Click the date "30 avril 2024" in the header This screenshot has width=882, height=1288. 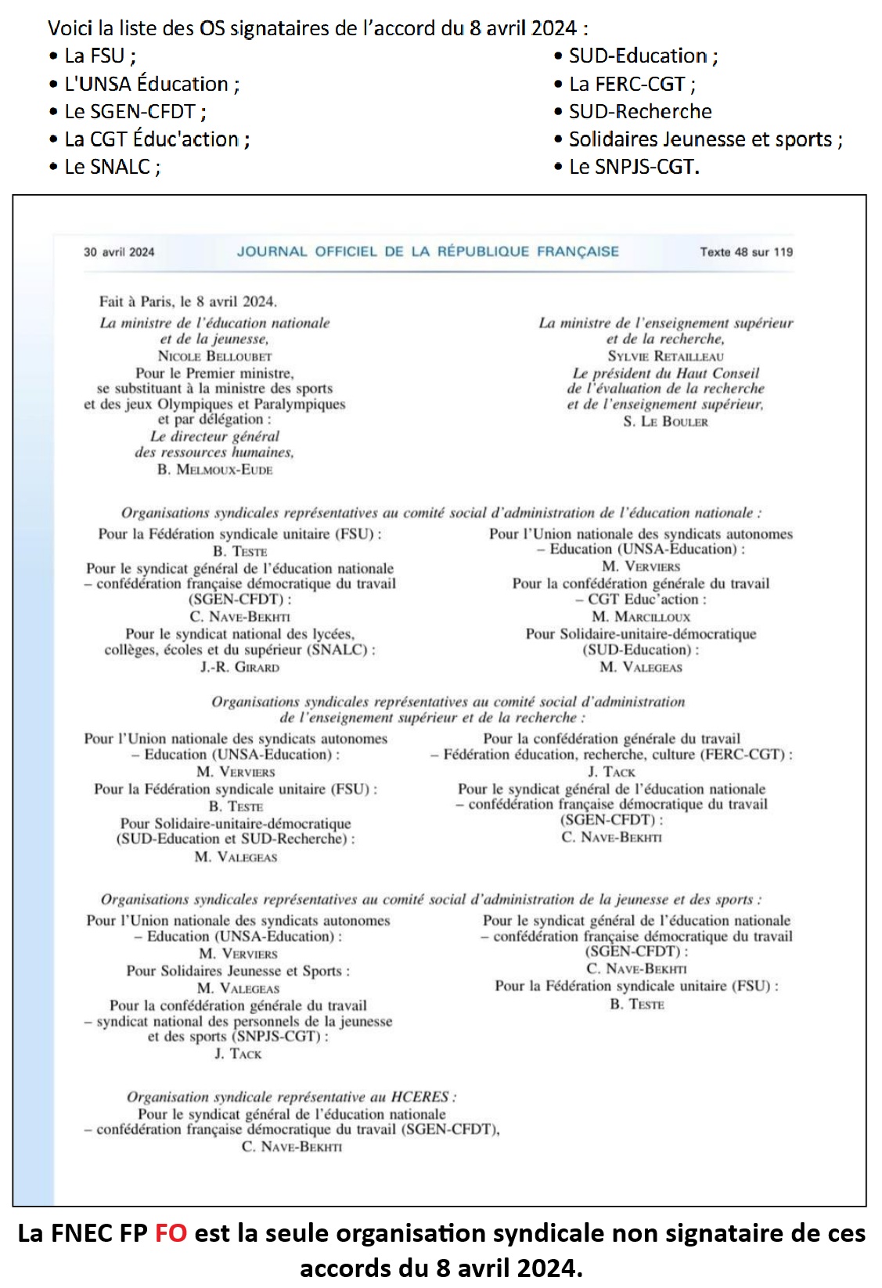(x=119, y=252)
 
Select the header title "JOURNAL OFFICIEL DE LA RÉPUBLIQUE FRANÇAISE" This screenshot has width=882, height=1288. (x=428, y=251)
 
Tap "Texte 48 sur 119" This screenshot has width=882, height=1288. (x=746, y=252)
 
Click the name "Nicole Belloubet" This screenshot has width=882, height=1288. (x=214, y=356)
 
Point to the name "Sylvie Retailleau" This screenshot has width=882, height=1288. (x=665, y=356)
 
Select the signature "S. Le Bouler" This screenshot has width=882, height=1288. (x=665, y=422)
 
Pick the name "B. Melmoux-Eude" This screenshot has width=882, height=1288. (x=214, y=470)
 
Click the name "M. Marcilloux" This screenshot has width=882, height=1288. (x=641, y=617)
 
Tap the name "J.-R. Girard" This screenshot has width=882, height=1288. (x=239, y=668)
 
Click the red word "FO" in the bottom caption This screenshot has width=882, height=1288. (x=171, y=1233)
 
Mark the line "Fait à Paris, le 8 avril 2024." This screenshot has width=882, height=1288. (x=188, y=301)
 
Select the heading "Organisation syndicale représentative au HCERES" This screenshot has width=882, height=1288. (x=291, y=1097)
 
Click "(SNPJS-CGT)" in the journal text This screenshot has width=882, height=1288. (x=277, y=1037)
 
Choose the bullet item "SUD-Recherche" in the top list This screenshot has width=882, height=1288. (x=640, y=111)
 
